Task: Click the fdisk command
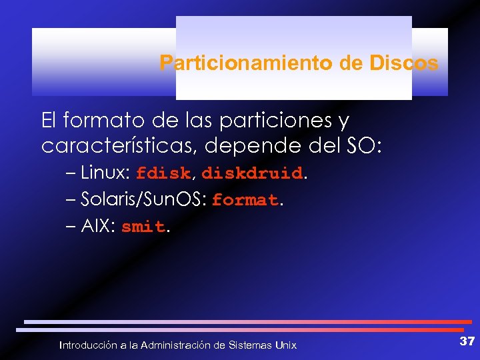163,174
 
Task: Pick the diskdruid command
252,174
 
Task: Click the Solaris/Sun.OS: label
144,200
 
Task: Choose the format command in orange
245,201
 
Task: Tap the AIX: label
99,227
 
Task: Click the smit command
143,227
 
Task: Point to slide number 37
467,341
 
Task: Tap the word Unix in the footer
286,345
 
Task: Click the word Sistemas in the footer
250,345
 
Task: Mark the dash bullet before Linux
71,173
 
